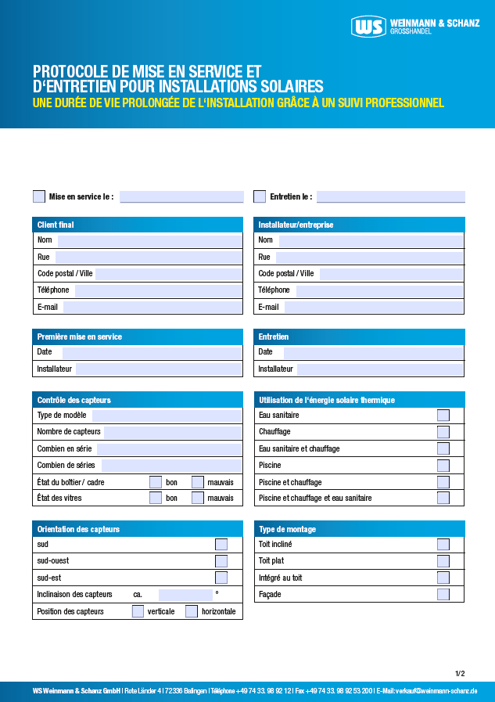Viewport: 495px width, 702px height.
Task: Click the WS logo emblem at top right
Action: (369, 27)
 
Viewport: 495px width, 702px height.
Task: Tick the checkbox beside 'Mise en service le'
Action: (39, 196)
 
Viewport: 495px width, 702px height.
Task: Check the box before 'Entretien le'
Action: (260, 196)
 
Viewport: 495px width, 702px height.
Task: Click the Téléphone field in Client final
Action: (158, 290)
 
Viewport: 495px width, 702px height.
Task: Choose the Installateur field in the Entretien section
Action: (380, 369)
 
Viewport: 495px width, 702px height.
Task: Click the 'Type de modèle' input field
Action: (167, 416)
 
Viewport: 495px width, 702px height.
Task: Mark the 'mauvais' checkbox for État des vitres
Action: (198, 498)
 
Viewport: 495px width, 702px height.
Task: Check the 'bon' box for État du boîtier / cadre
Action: (156, 482)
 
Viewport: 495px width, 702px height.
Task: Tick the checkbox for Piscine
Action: (443, 466)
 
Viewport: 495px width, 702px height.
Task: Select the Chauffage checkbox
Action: (443, 432)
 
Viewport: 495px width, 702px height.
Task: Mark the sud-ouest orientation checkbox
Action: (221, 561)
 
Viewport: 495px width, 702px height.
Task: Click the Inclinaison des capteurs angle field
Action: (185, 595)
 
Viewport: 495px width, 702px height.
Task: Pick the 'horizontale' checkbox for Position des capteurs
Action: (192, 611)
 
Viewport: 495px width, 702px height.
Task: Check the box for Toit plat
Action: (443, 561)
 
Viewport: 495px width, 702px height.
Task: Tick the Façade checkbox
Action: (443, 595)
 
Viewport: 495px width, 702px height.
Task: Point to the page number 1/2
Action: (460, 673)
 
